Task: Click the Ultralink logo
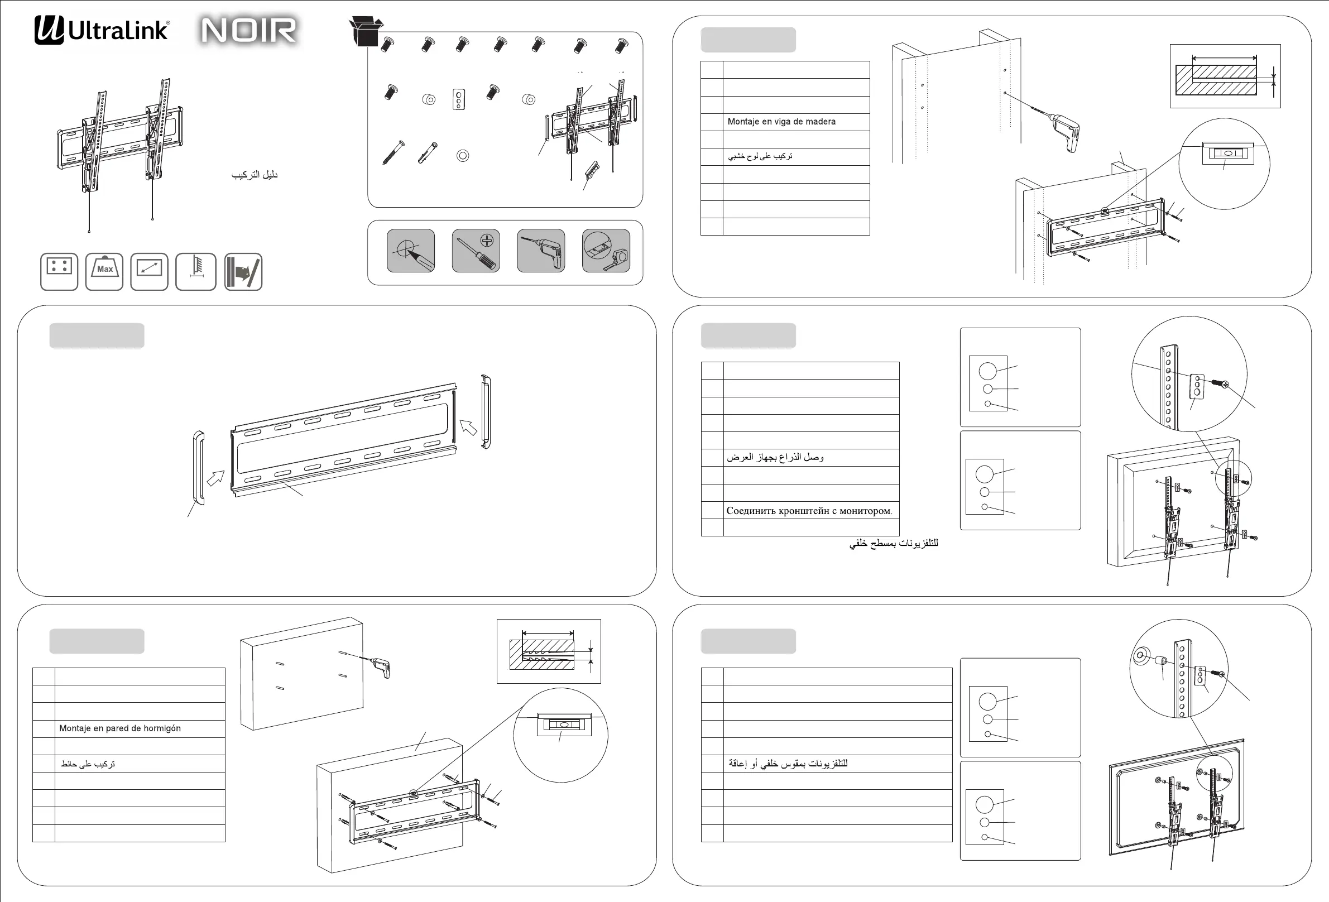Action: coord(102,30)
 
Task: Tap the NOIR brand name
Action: coord(249,30)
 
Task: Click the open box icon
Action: coord(365,31)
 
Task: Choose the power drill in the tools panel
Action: coord(541,251)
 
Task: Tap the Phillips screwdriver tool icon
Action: coord(476,251)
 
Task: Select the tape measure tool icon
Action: coord(606,251)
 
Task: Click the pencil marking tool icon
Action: coord(411,251)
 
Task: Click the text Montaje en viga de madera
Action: coord(781,122)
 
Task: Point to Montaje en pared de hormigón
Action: coord(119,728)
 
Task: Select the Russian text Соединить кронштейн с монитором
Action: coord(809,511)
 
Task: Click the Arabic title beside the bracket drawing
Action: coord(255,175)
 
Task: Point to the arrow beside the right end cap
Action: coord(468,426)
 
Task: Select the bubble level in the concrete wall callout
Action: coord(564,723)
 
